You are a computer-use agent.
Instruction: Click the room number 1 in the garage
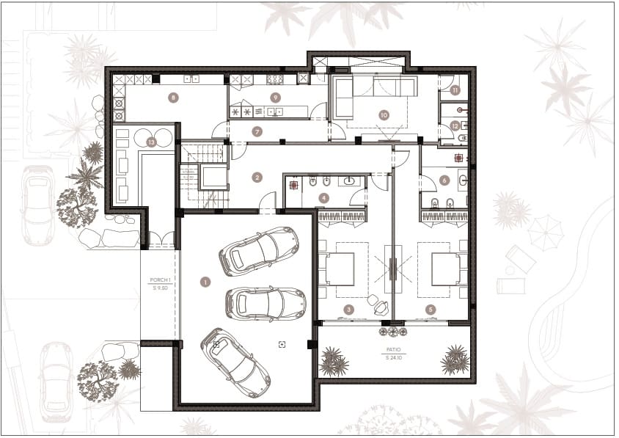pyautogui.click(x=205, y=281)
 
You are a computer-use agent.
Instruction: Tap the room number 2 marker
pyautogui.click(x=257, y=177)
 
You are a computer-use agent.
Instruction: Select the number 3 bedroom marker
pyautogui.click(x=349, y=310)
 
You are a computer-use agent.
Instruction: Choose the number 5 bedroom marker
pyautogui.click(x=431, y=310)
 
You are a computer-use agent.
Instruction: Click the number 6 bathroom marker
pyautogui.click(x=444, y=180)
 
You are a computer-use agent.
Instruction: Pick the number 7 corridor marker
pyautogui.click(x=257, y=131)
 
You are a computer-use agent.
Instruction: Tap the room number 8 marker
pyautogui.click(x=173, y=97)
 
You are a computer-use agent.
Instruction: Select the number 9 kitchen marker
pyautogui.click(x=276, y=97)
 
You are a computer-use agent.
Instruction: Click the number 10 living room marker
pyautogui.click(x=383, y=114)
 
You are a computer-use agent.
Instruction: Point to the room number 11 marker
pyautogui.click(x=455, y=90)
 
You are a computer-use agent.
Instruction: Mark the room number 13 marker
pyautogui.click(x=151, y=142)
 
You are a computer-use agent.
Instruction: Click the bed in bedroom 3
pyautogui.click(x=339, y=269)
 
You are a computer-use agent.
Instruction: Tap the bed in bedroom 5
pyautogui.click(x=445, y=269)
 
